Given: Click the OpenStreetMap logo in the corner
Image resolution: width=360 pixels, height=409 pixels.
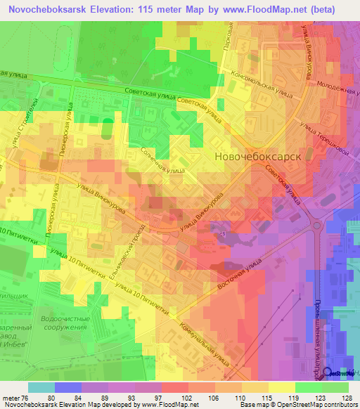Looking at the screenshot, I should (341, 373).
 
